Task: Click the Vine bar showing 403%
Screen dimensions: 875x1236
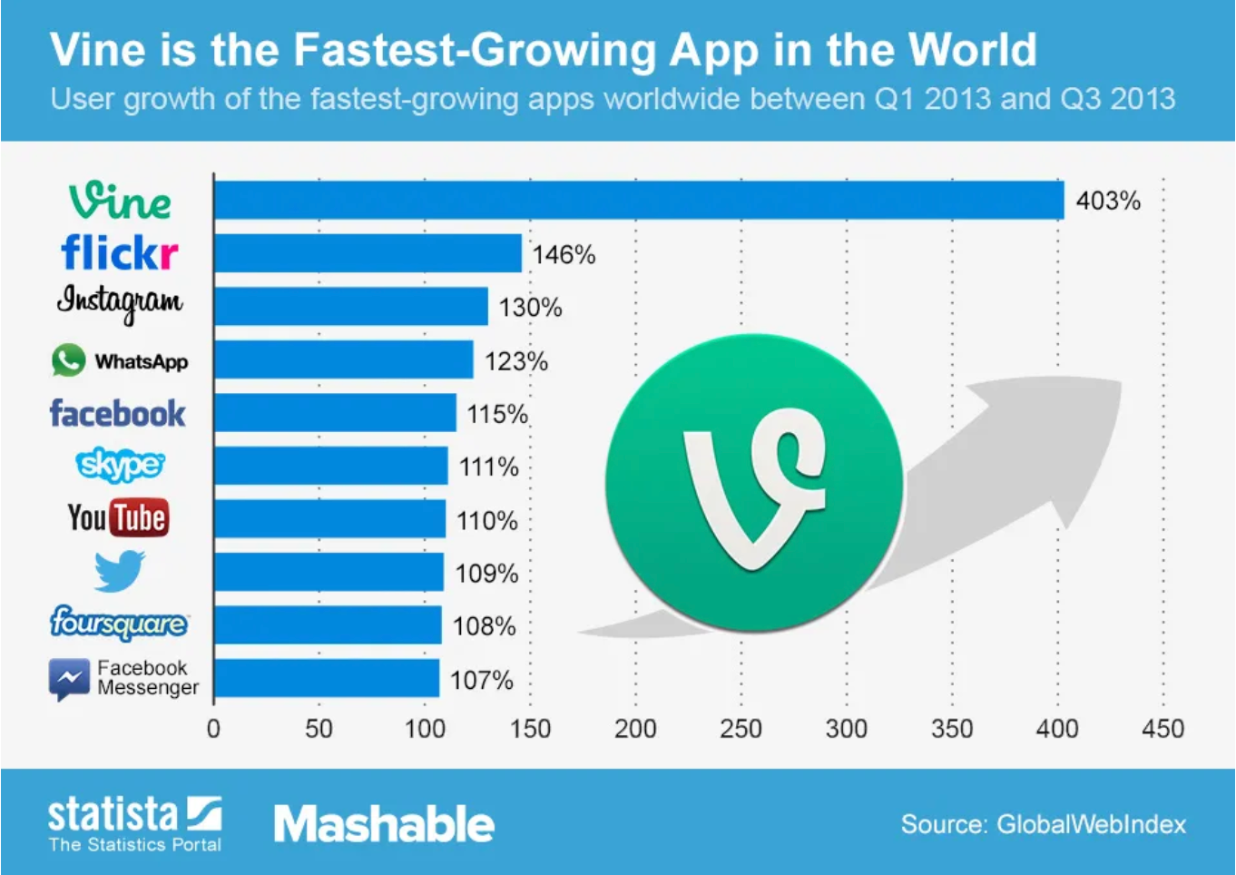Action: [638, 201]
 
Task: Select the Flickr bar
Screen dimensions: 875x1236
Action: [368, 253]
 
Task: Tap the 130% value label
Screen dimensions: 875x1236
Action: [530, 308]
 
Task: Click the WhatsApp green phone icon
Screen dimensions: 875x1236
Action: [68, 360]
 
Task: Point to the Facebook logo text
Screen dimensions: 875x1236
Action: [117, 414]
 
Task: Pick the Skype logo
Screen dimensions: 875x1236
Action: [120, 465]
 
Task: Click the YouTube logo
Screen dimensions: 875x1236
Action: [118, 518]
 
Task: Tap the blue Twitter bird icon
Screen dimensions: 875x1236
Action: [120, 571]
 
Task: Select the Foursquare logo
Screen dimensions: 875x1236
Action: [119, 624]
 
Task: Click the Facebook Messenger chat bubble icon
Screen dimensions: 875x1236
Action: [69, 679]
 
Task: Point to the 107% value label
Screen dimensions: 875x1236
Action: [481, 680]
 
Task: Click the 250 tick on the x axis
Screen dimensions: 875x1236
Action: [741, 728]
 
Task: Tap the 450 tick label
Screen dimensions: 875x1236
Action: [1162, 728]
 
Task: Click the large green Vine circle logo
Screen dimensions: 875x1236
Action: [754, 483]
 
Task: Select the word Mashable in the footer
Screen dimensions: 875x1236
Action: [384, 824]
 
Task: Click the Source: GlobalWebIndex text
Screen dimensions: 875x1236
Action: [1043, 824]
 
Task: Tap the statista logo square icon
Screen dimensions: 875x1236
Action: [204, 813]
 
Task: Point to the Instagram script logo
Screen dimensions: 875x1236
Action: [120, 302]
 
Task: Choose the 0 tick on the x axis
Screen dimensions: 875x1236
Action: [213, 728]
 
